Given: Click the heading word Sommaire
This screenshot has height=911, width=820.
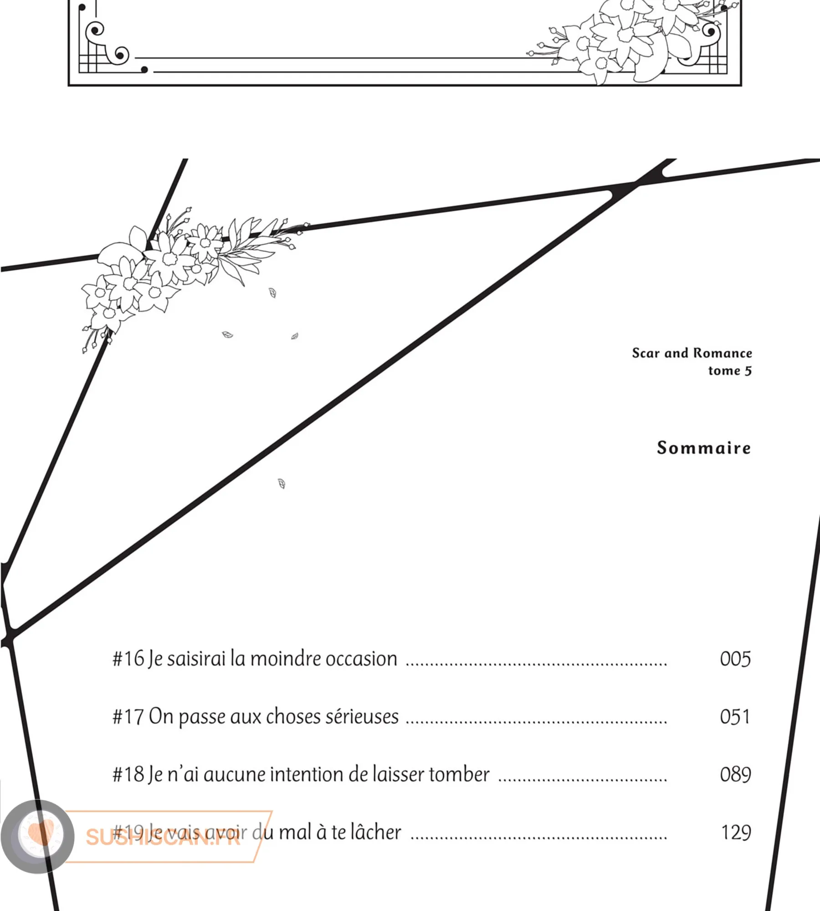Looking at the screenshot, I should click(704, 448).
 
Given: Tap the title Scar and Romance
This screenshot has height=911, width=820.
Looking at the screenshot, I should click(692, 353).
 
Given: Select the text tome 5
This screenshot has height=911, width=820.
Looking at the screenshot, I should click(730, 371).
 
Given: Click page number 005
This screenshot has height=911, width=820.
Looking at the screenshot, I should click(735, 659).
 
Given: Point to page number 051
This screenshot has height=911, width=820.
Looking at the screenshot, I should click(735, 717).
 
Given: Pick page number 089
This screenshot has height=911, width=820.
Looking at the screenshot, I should click(735, 775).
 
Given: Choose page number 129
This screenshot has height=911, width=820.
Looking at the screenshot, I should click(736, 833).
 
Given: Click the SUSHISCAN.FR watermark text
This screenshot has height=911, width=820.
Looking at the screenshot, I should click(163, 837).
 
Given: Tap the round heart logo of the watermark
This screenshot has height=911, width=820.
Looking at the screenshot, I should click(38, 836).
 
